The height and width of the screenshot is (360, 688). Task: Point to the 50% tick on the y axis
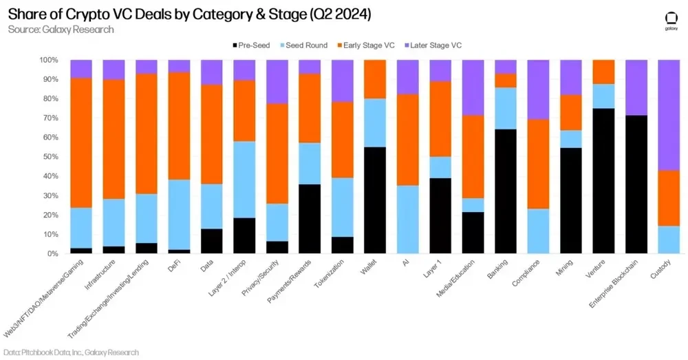click(x=49, y=157)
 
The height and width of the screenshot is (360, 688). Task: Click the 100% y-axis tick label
click(x=47, y=60)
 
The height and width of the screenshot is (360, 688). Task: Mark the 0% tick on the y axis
click(x=52, y=254)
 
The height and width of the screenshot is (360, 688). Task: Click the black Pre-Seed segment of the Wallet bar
click(x=374, y=200)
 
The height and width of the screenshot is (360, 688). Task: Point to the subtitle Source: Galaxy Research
click(x=61, y=30)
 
